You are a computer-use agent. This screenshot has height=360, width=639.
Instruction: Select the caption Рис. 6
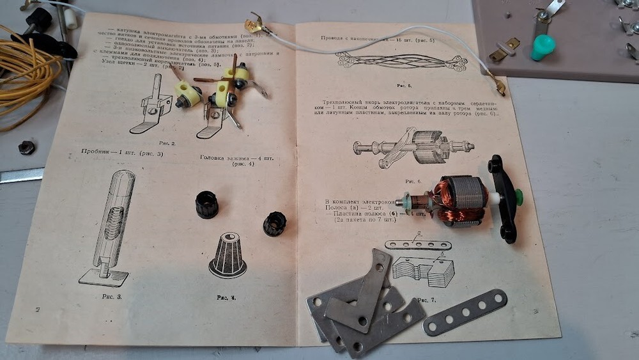pos(414,181)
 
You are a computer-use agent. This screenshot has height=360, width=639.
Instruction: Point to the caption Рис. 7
pos(423,300)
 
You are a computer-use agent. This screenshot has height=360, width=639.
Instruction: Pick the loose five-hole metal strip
pos(465,311)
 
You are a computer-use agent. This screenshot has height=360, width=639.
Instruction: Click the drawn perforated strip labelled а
pos(419,245)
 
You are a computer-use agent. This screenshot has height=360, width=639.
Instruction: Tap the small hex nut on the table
pos(27,147)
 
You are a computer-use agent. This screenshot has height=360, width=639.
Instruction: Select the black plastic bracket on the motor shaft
pos(503,198)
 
